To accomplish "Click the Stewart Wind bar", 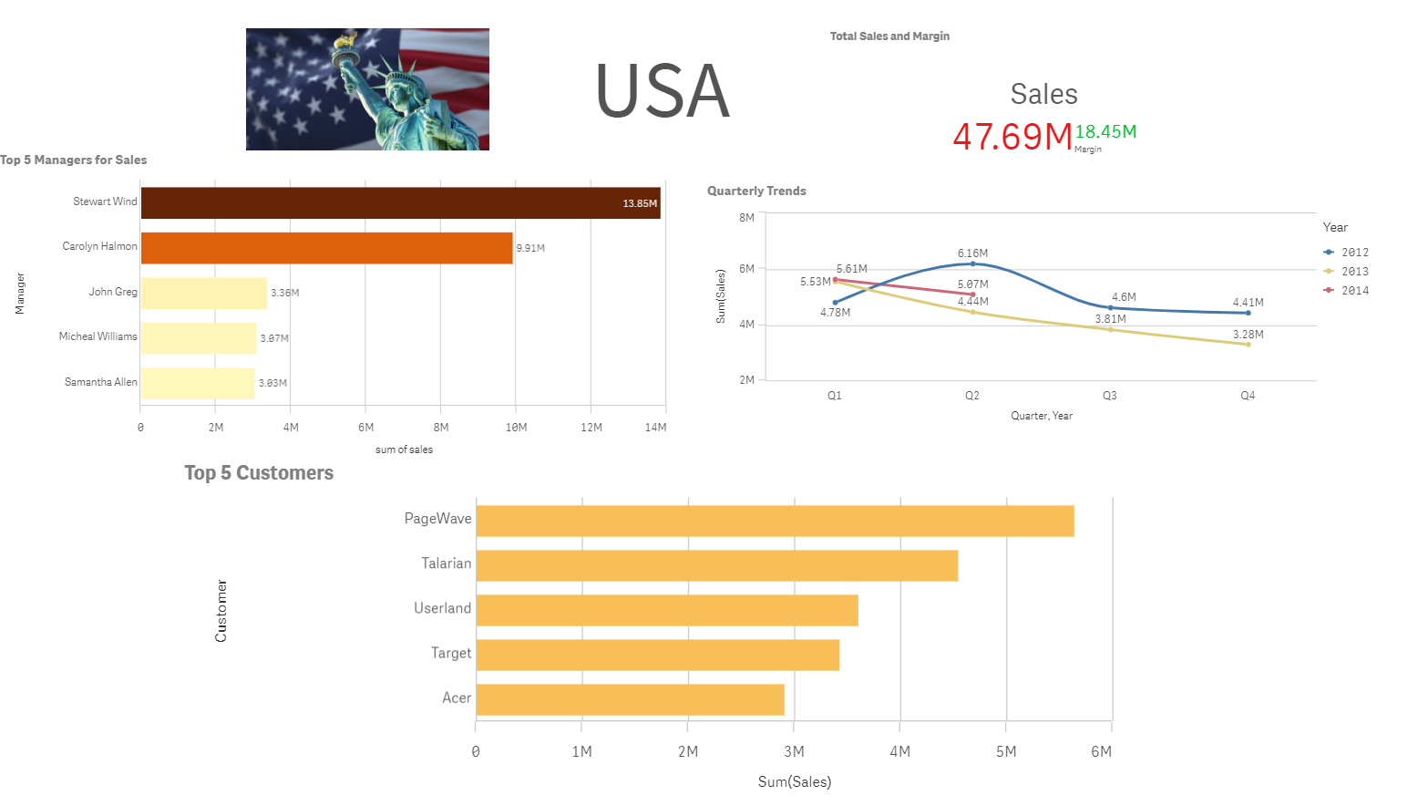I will coord(400,203).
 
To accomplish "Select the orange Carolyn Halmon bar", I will coord(326,248).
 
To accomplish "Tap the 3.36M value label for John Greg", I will coord(284,293).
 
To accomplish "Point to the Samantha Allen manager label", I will coord(100,382).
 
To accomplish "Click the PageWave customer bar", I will coord(775,521).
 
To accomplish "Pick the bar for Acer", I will coord(630,699).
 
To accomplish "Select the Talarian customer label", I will coord(446,563).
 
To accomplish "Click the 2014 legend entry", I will coord(1353,291).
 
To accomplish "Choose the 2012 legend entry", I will coord(1353,253).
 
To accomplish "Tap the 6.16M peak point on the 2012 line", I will coord(972,263).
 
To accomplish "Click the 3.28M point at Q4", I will coord(1248,345).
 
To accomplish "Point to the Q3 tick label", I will coord(1109,396).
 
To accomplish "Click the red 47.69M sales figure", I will coord(1012,137).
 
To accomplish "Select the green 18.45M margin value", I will coord(1105,131).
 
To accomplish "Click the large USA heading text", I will coord(663,91).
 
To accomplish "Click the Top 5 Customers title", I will coord(259,472).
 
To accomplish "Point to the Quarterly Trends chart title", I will coord(756,191).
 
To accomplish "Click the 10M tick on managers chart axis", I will coord(516,428).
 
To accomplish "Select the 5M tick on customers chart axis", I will coord(1006,751).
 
